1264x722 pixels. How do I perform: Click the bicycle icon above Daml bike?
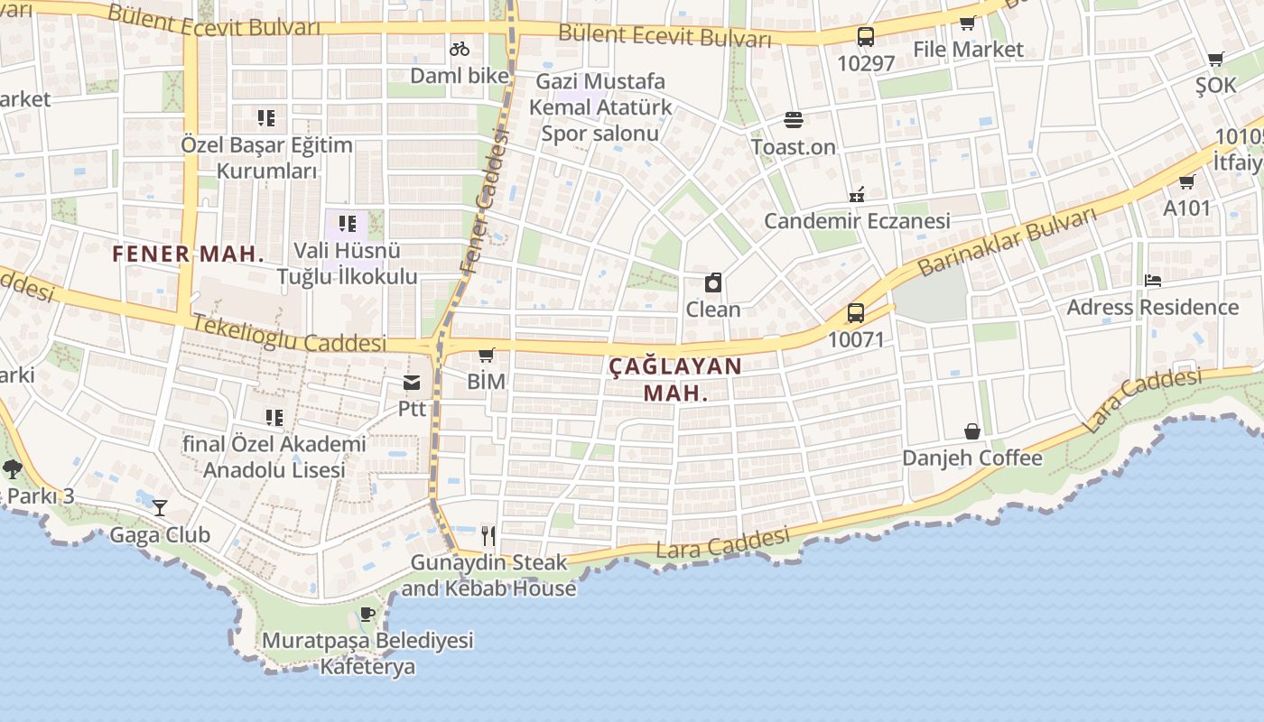(460, 49)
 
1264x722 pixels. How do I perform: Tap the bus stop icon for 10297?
(865, 37)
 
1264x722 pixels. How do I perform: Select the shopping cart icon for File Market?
(967, 23)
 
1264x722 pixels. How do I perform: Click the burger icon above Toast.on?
(794, 120)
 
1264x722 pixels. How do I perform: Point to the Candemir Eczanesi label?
(857, 221)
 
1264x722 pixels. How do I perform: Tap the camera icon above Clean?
(713, 282)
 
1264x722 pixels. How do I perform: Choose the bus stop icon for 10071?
(855, 313)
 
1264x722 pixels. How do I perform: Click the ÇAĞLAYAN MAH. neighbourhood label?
(674, 379)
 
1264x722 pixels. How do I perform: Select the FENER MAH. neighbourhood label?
(188, 254)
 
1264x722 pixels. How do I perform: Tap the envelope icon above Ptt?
(412, 383)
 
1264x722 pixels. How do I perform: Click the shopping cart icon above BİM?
(486, 355)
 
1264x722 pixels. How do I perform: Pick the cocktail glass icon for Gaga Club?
(160, 507)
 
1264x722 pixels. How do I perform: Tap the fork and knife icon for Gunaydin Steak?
(488, 536)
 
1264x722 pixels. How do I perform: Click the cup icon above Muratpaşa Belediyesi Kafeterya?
(367, 615)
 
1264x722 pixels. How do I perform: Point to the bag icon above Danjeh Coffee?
(971, 431)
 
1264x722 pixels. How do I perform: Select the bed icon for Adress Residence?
(1152, 281)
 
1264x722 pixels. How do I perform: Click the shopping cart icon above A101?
(1186, 181)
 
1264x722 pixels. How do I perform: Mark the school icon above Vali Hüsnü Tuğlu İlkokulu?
(348, 224)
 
